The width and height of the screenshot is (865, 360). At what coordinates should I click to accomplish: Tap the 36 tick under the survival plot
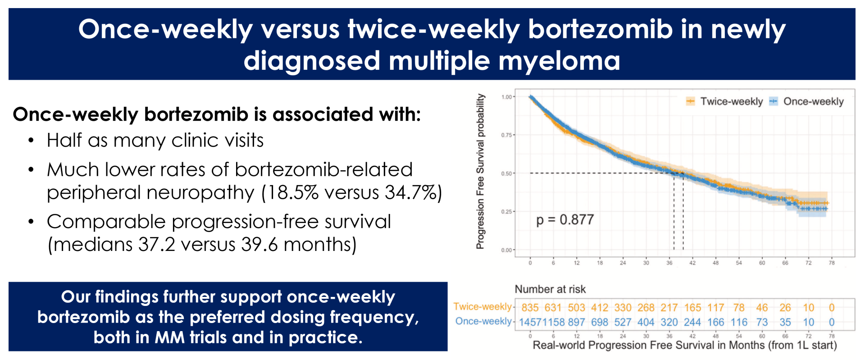click(x=669, y=263)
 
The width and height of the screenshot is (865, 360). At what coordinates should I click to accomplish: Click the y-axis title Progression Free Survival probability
click(x=481, y=171)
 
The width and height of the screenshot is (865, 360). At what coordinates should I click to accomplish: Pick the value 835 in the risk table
click(x=530, y=308)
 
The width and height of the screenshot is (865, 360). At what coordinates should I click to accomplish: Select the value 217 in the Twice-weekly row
click(x=669, y=308)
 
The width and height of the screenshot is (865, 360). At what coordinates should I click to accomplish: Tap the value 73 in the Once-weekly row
click(x=762, y=323)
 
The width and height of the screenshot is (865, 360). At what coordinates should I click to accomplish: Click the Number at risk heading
click(x=550, y=289)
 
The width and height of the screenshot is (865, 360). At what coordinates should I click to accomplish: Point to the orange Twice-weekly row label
click(x=483, y=307)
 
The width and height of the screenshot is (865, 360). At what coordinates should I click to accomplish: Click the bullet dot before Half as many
click(x=31, y=141)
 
